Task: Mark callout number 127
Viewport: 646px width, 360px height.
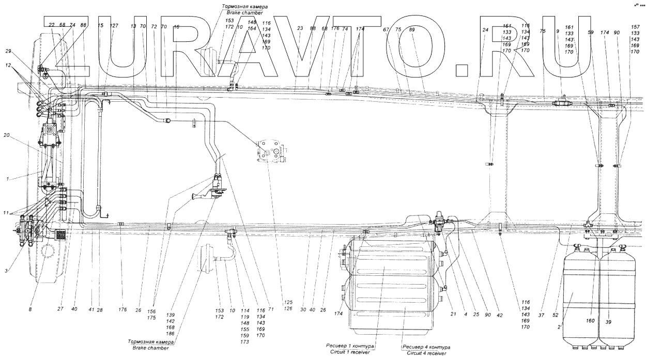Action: point(114,25)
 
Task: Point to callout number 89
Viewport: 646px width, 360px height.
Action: point(411,30)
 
